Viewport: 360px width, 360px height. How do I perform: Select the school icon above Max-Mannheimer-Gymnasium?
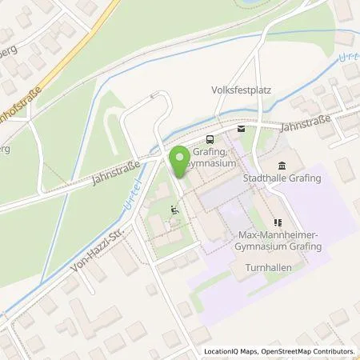[278, 223]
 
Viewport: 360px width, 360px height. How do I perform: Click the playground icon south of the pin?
[174, 211]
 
